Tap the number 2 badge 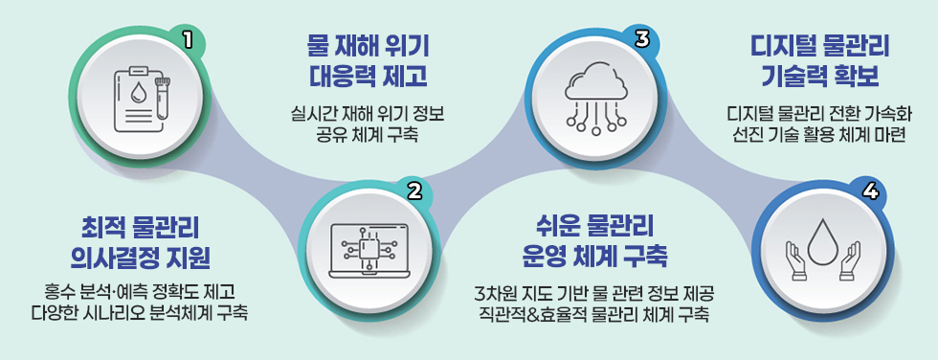pyautogui.click(x=414, y=189)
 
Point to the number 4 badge pyautogui.click(x=870, y=190)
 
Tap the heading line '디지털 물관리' pyautogui.click(x=821, y=45)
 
